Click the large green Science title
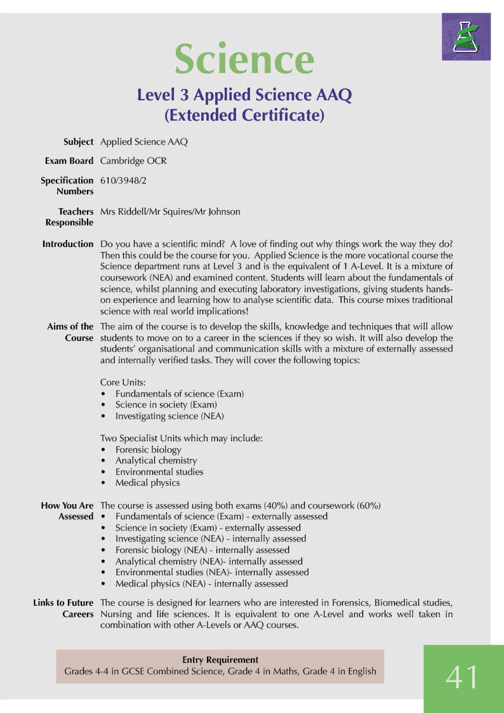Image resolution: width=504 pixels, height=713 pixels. tap(244, 58)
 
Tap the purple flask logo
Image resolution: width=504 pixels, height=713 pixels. tap(466, 37)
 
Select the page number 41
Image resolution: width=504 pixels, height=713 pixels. tap(463, 677)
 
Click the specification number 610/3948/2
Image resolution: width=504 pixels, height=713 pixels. tap(124, 180)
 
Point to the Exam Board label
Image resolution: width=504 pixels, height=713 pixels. tap(69, 161)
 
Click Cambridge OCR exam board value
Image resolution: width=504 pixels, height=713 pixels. tap(133, 161)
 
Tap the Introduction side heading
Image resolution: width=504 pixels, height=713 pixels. tap(68, 244)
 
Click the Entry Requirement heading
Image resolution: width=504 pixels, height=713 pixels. tap(220, 660)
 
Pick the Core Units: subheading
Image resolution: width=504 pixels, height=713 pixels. tap(123, 383)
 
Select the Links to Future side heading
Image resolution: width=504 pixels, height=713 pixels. tap(63, 603)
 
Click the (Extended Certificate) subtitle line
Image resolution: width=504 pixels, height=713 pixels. tap(244, 116)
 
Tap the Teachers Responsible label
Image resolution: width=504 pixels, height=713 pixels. tap(69, 217)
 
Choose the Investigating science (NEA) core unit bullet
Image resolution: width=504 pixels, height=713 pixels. tap(169, 416)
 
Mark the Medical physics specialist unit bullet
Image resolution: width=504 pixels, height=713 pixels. tap(147, 483)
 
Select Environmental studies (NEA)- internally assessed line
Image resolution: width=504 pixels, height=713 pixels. tap(211, 572)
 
